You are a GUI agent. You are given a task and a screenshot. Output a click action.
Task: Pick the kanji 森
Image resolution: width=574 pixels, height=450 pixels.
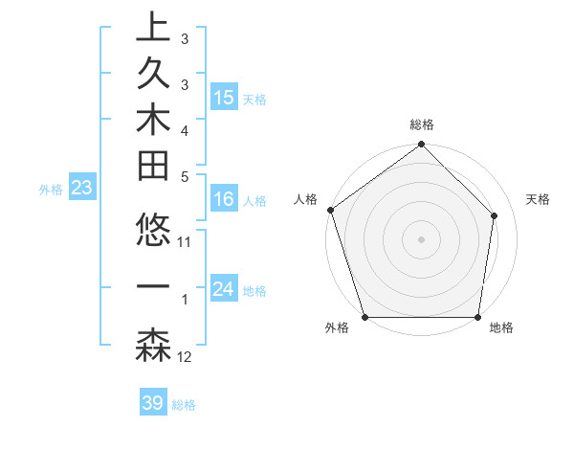[153, 346]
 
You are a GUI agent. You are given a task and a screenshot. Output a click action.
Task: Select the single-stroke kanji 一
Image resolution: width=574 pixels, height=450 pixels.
[153, 287]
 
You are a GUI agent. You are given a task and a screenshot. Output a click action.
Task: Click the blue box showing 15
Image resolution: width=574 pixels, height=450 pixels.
[224, 98]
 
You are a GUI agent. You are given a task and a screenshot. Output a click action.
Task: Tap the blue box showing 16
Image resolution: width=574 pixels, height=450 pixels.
[224, 200]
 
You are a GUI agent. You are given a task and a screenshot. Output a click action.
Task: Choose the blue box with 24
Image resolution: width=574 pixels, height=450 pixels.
[224, 289]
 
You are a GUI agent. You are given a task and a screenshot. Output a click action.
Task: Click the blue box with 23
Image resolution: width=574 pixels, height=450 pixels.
[82, 189]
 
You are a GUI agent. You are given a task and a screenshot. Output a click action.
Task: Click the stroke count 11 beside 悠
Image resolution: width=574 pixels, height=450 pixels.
[185, 242]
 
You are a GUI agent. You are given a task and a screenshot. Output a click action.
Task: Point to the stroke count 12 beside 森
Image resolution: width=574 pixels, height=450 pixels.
[185, 357]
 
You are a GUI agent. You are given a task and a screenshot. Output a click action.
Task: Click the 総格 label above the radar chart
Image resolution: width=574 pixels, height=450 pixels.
[421, 125]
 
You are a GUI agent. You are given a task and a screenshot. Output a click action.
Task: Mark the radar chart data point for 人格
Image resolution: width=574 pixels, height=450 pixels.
[330, 210]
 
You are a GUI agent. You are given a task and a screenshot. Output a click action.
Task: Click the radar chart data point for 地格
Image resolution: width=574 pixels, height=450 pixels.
[478, 317]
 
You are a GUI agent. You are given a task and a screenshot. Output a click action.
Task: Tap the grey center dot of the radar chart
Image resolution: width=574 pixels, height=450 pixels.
[421, 238]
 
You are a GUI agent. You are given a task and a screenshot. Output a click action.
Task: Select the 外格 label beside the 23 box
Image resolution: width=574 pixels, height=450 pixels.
[51, 190]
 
